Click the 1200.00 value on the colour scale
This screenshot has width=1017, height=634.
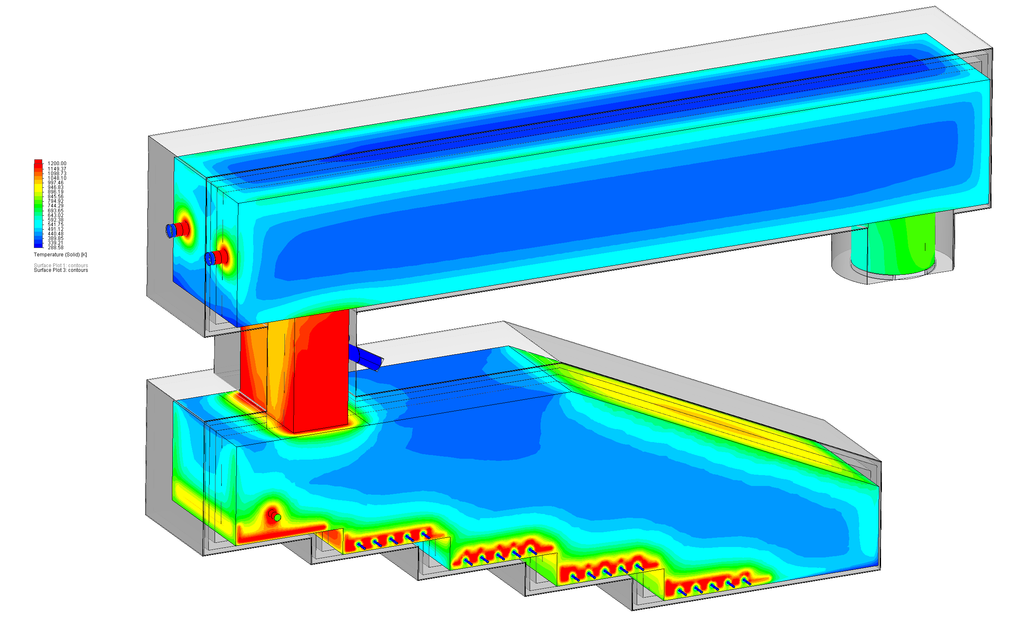tap(56, 164)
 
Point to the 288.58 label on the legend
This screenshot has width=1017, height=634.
tap(55, 248)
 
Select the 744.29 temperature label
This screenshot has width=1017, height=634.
tap(55, 206)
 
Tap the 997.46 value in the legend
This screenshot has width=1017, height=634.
tap(55, 183)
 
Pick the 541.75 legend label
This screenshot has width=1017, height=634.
tap(55, 225)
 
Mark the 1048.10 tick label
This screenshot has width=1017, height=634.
tap(56, 178)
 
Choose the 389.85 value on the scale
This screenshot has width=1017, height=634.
tap(55, 239)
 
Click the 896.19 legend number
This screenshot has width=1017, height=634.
tap(55, 192)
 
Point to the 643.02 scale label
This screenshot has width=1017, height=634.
tap(55, 215)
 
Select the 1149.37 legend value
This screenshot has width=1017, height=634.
tap(56, 169)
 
